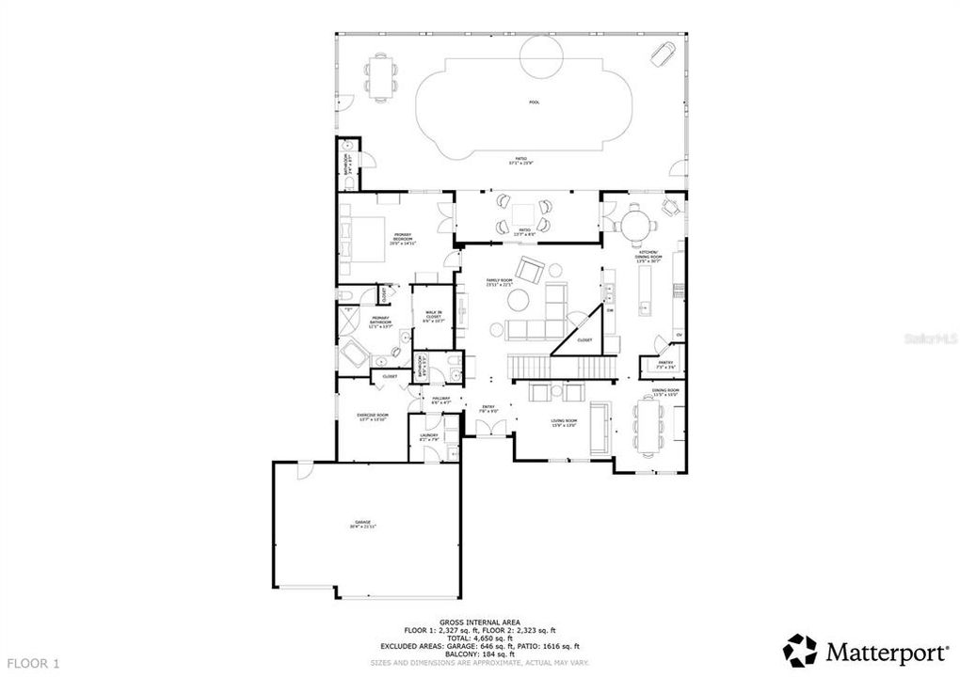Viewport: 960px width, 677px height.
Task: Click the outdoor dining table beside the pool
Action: (x=381, y=76)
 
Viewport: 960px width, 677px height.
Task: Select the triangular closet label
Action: (x=584, y=339)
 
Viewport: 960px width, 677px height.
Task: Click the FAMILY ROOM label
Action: (x=499, y=282)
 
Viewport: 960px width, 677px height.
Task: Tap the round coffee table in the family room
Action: (x=519, y=300)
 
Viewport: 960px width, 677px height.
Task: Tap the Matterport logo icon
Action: (x=801, y=650)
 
